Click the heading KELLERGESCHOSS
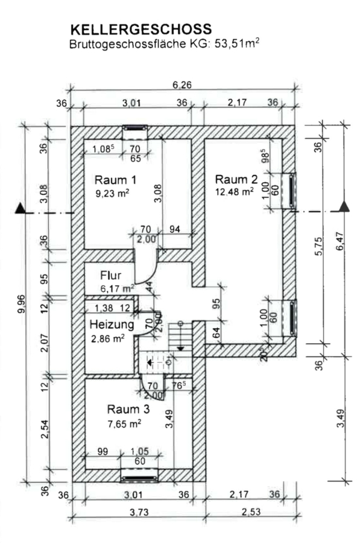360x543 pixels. tap(141, 30)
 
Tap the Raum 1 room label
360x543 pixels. tap(115, 180)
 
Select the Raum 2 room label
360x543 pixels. tap(236, 179)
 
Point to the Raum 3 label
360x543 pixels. tap(128, 409)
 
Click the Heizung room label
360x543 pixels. tap(112, 325)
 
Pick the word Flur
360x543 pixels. tap(111, 276)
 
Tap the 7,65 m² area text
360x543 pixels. tap(124, 424)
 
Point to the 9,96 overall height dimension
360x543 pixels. tap(21, 303)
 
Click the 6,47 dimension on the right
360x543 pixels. tap(340, 242)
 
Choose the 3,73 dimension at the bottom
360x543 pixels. tap(139, 512)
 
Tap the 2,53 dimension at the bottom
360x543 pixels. tap(251, 512)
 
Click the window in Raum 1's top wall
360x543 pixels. tap(135, 127)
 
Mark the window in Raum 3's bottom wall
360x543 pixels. tap(140, 478)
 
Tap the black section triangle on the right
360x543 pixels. tap(344, 206)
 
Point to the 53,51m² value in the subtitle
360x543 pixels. tap(237, 44)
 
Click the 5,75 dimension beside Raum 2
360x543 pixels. tap(318, 246)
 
